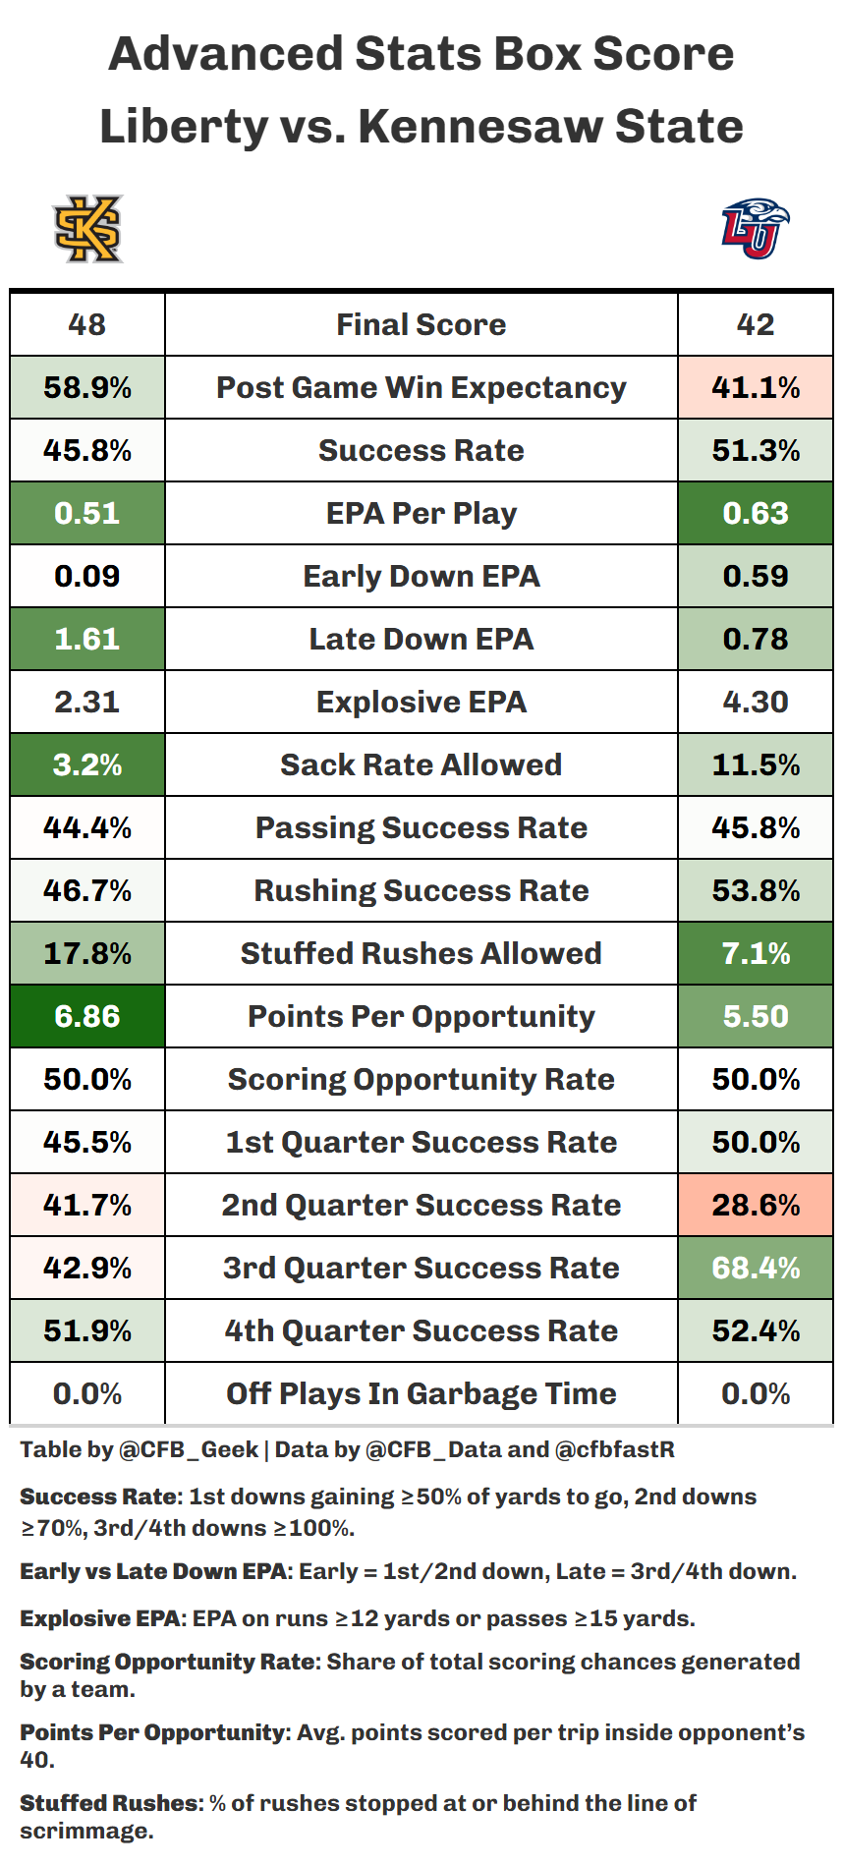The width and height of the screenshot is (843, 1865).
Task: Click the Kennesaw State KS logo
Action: point(87,229)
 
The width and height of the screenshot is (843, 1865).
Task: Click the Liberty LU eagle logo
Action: point(755,228)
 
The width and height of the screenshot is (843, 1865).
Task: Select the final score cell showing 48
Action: point(87,324)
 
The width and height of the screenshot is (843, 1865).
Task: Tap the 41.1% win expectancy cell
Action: point(756,387)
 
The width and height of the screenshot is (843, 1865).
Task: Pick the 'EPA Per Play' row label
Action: point(421,513)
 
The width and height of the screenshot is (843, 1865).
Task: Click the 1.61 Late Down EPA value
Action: point(87,639)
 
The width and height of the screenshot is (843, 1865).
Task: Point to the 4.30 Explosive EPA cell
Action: point(756,702)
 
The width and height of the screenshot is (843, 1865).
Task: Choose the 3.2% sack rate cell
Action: point(87,764)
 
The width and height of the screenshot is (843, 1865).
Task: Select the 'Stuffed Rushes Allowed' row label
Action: point(421,953)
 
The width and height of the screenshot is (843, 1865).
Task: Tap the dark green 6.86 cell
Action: point(87,1016)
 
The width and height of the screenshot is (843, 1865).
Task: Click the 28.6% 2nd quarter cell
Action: point(756,1205)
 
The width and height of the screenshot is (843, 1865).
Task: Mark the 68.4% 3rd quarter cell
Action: point(756,1268)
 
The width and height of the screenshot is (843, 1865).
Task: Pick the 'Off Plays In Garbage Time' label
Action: point(421,1393)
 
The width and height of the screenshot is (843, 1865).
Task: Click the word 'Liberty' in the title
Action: point(184,127)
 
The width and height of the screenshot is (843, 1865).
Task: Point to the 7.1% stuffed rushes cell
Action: point(756,953)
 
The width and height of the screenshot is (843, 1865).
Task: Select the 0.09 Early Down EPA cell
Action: point(87,576)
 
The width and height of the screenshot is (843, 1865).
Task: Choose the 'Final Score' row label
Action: point(421,324)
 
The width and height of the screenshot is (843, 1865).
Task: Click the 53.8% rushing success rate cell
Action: point(756,890)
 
